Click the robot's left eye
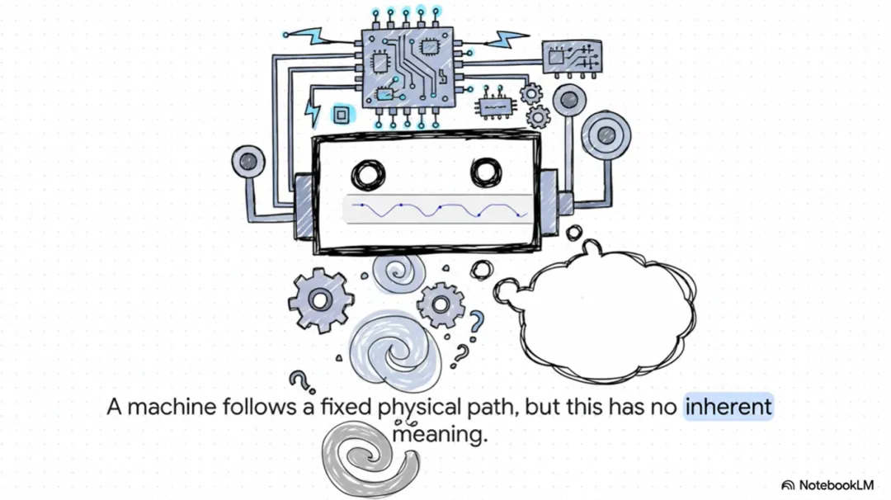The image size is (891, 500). coord(368,174)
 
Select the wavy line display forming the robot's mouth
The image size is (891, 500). coord(436,209)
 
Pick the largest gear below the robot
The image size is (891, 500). coord(321,300)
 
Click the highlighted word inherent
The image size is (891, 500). coord(728,407)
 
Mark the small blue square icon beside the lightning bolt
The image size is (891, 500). coord(339,114)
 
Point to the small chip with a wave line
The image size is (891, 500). coord(496,105)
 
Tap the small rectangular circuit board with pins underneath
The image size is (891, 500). coord(571,58)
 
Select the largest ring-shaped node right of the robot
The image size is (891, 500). coord(606,134)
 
